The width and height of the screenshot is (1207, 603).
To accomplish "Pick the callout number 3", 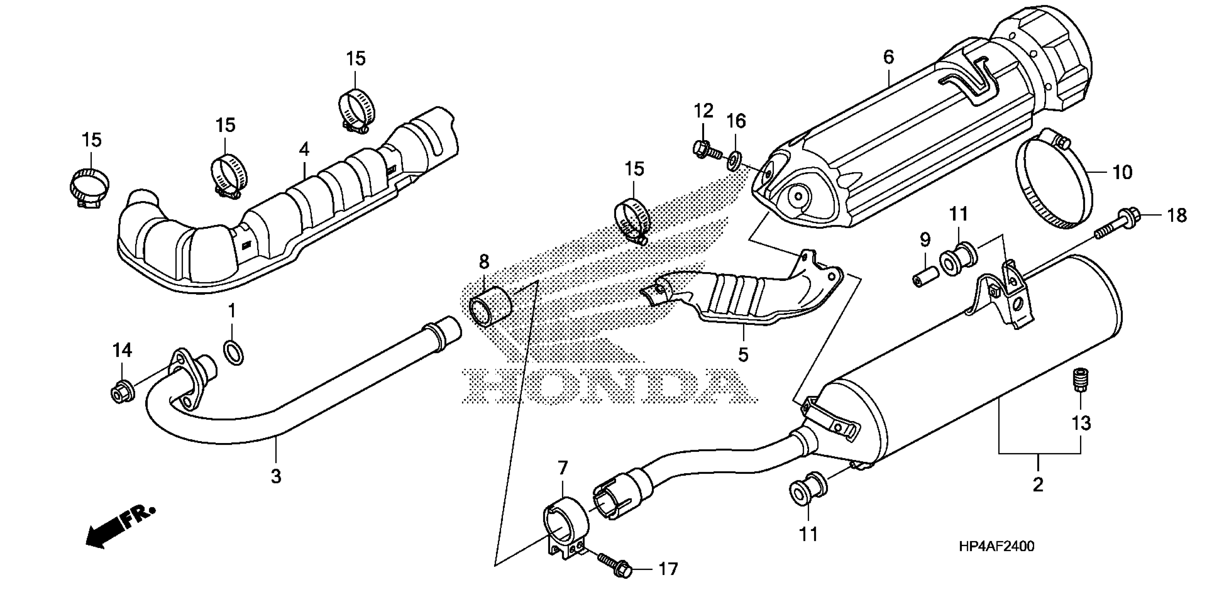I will [x=276, y=476].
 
